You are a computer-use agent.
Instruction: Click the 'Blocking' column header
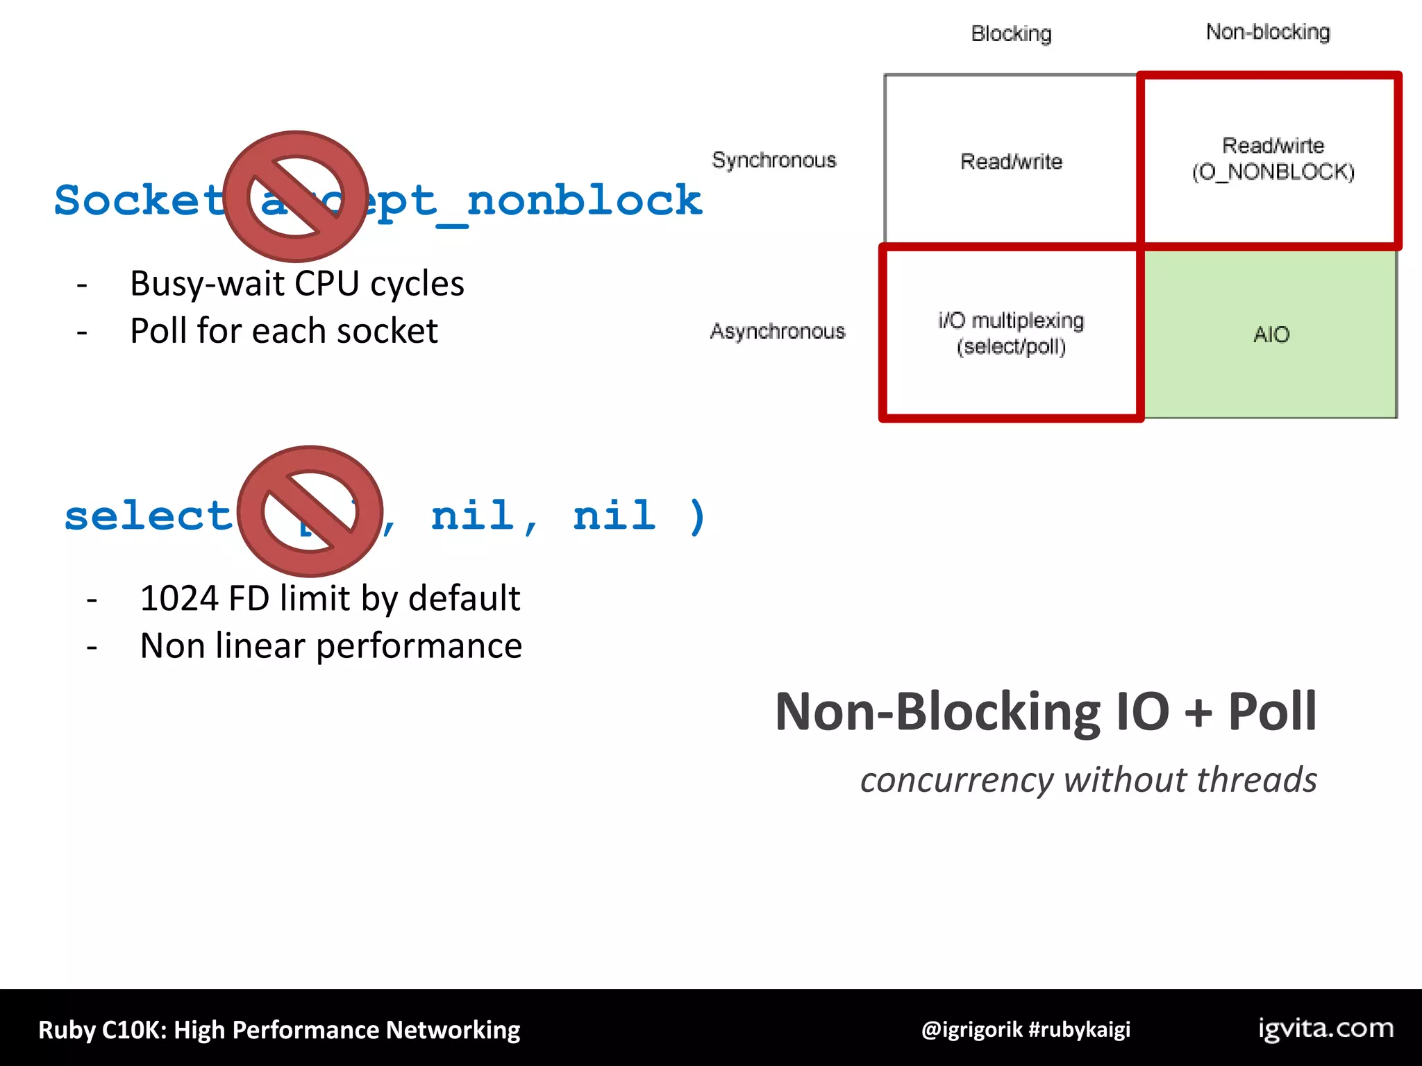[1011, 33]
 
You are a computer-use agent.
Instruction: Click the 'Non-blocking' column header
[1268, 32]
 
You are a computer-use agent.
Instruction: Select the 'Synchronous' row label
[774, 160]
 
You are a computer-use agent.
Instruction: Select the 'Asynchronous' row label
[778, 331]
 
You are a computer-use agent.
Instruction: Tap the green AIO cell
[1271, 335]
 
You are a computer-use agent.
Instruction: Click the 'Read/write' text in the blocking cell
[1011, 162]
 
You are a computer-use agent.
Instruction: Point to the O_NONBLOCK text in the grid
[1273, 172]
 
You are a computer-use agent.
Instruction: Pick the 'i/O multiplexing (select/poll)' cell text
[1011, 334]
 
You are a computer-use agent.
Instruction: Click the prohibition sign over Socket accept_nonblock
[296, 196]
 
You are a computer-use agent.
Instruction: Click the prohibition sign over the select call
[310, 511]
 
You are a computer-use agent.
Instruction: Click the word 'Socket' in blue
[139, 201]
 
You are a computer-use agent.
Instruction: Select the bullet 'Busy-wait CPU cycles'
[296, 284]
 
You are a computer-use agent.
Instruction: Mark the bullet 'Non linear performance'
[331, 646]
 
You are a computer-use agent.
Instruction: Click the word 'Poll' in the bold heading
[1272, 712]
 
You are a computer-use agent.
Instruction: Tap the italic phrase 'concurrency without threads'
[1088, 780]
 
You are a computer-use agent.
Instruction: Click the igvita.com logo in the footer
[1325, 1029]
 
